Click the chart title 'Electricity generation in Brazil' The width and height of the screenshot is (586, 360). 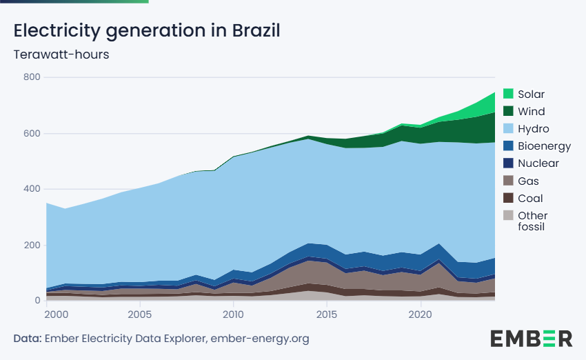pyautogui.click(x=147, y=30)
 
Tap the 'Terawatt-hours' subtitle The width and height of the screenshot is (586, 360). pyautogui.click(x=61, y=54)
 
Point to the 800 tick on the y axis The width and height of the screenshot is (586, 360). pyautogui.click(x=32, y=77)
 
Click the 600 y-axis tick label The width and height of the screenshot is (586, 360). pyautogui.click(x=32, y=134)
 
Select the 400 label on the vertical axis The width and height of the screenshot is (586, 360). pyautogui.click(x=32, y=189)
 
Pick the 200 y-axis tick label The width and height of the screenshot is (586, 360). pyautogui.click(x=32, y=245)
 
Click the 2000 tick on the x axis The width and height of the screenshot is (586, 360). pyautogui.click(x=57, y=314)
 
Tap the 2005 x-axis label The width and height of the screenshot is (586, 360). pyautogui.click(x=140, y=314)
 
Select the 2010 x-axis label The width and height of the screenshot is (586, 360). pyautogui.click(x=233, y=314)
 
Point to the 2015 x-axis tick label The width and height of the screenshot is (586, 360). pyautogui.click(x=327, y=314)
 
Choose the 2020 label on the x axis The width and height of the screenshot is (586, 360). pyautogui.click(x=421, y=314)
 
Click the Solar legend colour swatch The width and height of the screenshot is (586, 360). pyautogui.click(x=508, y=94)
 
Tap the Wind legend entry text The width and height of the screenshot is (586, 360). pyautogui.click(x=531, y=112)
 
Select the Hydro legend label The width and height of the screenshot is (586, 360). pyautogui.click(x=534, y=129)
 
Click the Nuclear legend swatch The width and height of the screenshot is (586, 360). pyautogui.click(x=508, y=163)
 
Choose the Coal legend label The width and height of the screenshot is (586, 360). pyautogui.click(x=530, y=198)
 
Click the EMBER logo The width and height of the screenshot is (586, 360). pyautogui.click(x=531, y=339)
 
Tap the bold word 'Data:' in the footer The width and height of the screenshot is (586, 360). pyautogui.click(x=28, y=339)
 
